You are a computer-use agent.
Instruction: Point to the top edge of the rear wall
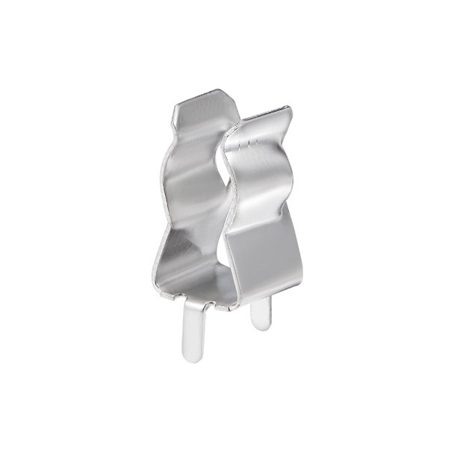tap(202, 97)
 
